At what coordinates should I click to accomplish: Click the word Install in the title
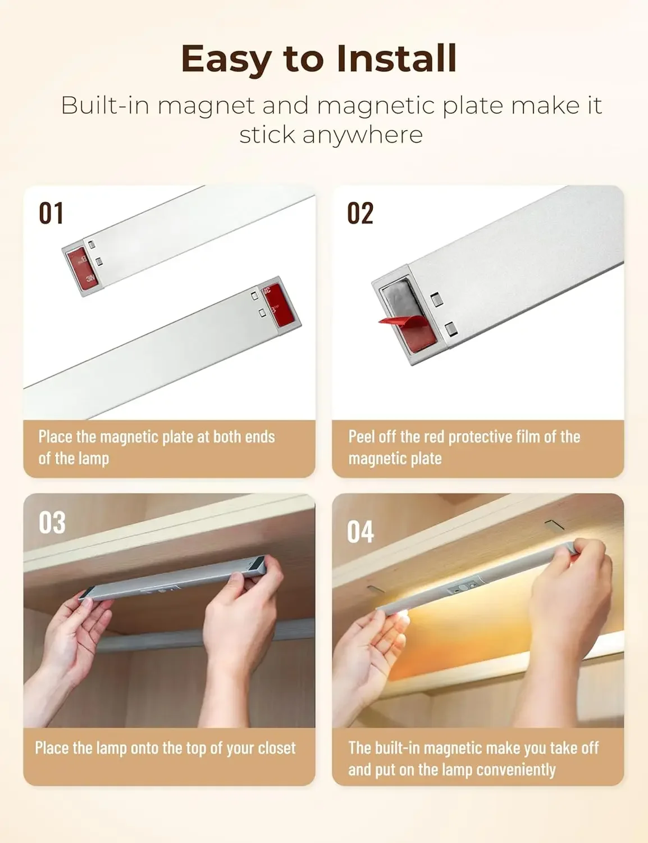point(397,58)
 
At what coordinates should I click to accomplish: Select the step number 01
point(51,214)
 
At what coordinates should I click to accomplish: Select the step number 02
point(360,214)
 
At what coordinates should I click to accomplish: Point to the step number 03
point(52,523)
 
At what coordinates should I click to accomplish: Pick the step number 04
point(360,532)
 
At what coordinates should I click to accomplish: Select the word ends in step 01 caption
point(259,437)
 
